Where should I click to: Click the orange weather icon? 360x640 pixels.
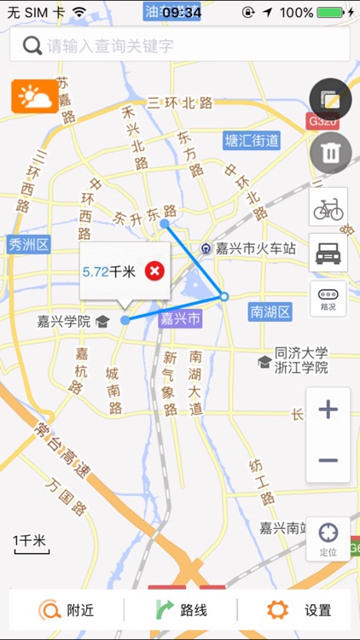pos(35,96)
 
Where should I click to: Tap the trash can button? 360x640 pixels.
pos(328,154)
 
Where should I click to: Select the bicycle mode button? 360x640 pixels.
pos(328,207)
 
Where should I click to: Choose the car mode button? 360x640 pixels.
pos(328,253)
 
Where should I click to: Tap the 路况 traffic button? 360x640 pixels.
pos(328,298)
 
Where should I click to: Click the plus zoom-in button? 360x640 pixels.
pos(328,410)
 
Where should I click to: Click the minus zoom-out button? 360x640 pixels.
pos(328,460)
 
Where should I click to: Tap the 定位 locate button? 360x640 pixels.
pos(328,538)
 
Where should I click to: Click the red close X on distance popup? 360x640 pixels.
pos(154,271)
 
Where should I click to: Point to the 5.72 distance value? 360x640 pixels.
pos(96,271)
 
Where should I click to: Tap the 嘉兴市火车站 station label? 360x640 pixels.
pos(254,248)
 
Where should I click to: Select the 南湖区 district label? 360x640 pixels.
pos(270,311)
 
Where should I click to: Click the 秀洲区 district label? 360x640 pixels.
pos(29,245)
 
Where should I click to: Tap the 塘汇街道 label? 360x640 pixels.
pos(252,141)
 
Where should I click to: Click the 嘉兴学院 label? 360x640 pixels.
pos(64,322)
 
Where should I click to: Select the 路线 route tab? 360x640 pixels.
pos(182,610)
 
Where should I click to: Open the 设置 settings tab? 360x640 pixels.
pos(299,610)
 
